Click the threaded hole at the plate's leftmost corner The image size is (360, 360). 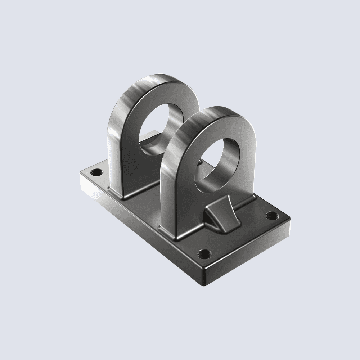point(95,172)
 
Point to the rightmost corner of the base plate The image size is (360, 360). point(290,218)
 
